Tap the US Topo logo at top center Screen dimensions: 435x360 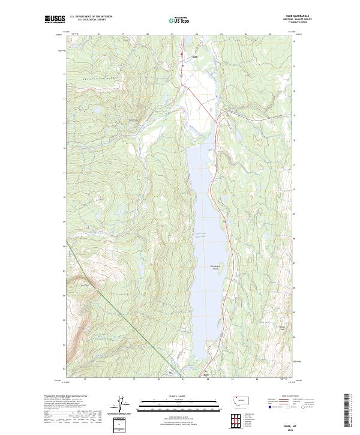(x=180, y=20)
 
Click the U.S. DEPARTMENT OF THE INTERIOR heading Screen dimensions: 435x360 (x=91, y=17)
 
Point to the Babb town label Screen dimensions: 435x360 (x=194, y=58)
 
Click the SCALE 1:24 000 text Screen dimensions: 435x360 (x=180, y=395)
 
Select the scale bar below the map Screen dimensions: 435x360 (x=180, y=403)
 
